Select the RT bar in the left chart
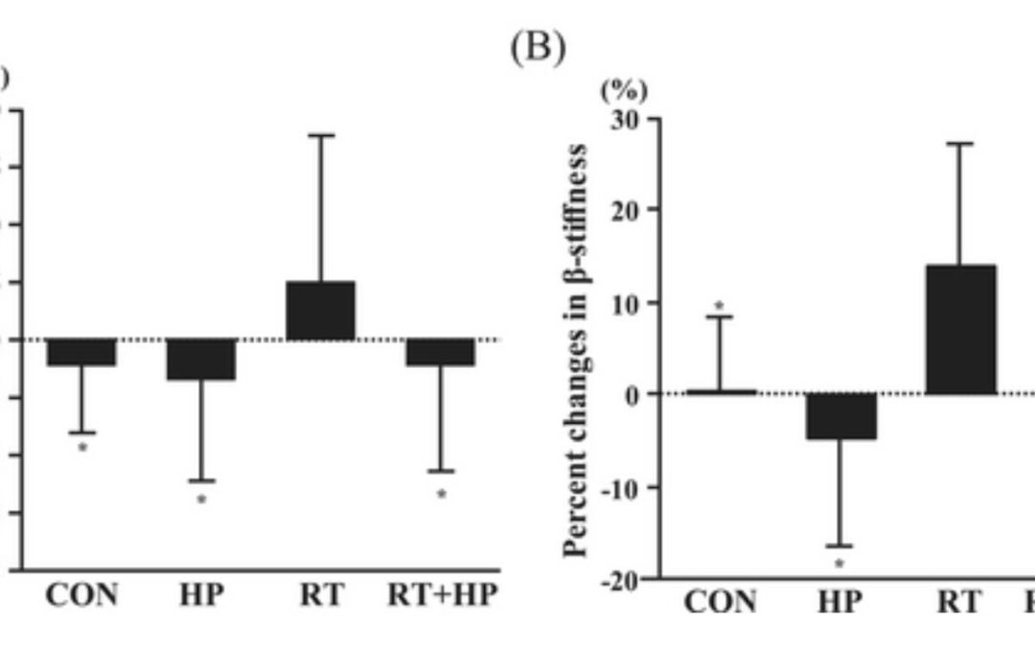[x=321, y=311]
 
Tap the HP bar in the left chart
[x=201, y=359]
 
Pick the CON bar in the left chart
[x=81, y=352]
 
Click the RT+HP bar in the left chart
[x=441, y=352]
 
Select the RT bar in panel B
[x=961, y=330]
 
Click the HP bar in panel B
[x=840, y=416]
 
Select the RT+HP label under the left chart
[x=443, y=595]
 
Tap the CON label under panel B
[x=720, y=602]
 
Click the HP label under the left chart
[x=201, y=595]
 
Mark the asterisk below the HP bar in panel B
[x=840, y=564]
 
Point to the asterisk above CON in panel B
[x=720, y=308]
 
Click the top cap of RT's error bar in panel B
[x=961, y=144]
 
